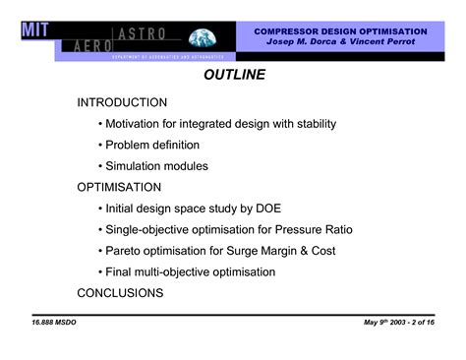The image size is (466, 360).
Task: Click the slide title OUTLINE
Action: (234, 75)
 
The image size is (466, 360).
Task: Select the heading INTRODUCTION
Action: (122, 102)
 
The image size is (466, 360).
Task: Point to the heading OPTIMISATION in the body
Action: (119, 187)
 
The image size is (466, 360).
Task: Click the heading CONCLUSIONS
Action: (120, 292)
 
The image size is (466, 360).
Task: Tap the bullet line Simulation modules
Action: (156, 166)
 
